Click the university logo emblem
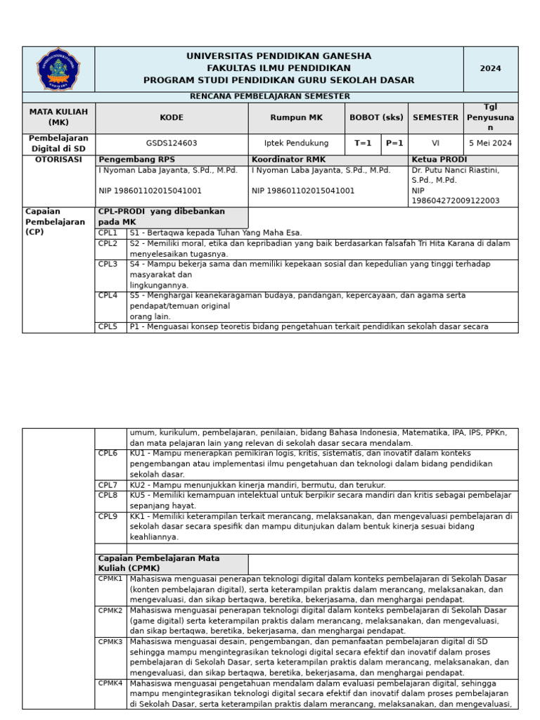[58, 69]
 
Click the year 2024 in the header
[490, 69]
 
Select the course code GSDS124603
[172, 143]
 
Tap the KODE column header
[172, 118]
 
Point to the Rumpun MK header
[296, 118]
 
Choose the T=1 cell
[363, 143]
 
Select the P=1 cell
[394, 143]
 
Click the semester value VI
[435, 143]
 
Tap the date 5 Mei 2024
[490, 143]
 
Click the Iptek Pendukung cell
[296, 143]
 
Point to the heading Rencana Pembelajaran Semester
[270, 96]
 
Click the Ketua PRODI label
[439, 160]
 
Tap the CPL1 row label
[108, 233]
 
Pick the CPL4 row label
[108, 296]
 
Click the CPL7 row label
[108, 485]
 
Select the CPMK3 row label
[110, 642]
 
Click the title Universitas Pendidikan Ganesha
[278, 56]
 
